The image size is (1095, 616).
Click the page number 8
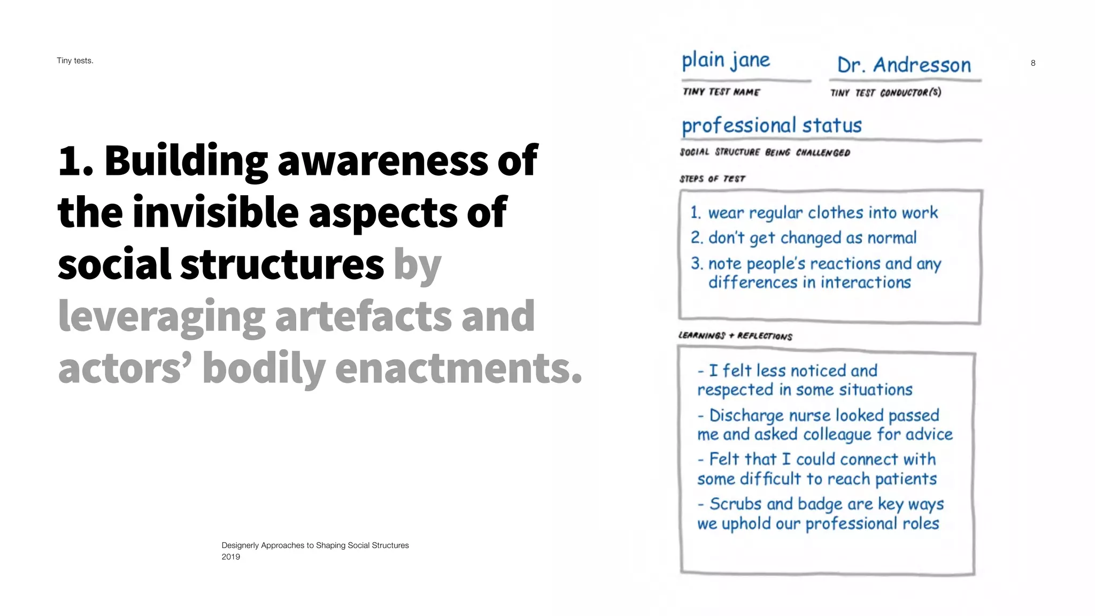pyautogui.click(x=1033, y=63)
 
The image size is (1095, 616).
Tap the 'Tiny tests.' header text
pyautogui.click(x=75, y=60)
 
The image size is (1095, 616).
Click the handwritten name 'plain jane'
pyautogui.click(x=726, y=60)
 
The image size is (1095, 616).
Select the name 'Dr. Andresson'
pyautogui.click(x=904, y=65)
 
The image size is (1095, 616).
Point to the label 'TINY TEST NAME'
pyautogui.click(x=721, y=92)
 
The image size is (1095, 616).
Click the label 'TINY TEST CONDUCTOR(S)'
pyautogui.click(x=885, y=93)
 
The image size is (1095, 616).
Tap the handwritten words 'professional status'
pyautogui.click(x=772, y=126)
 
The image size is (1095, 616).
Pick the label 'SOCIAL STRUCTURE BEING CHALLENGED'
pyautogui.click(x=765, y=152)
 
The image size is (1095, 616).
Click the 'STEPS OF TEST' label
pyautogui.click(x=712, y=179)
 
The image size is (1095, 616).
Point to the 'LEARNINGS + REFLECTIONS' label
pyautogui.click(x=735, y=336)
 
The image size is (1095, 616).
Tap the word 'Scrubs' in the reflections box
pyautogui.click(x=735, y=504)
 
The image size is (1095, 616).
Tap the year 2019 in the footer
pyautogui.click(x=231, y=557)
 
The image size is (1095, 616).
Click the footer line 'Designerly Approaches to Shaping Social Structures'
pyautogui.click(x=315, y=545)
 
